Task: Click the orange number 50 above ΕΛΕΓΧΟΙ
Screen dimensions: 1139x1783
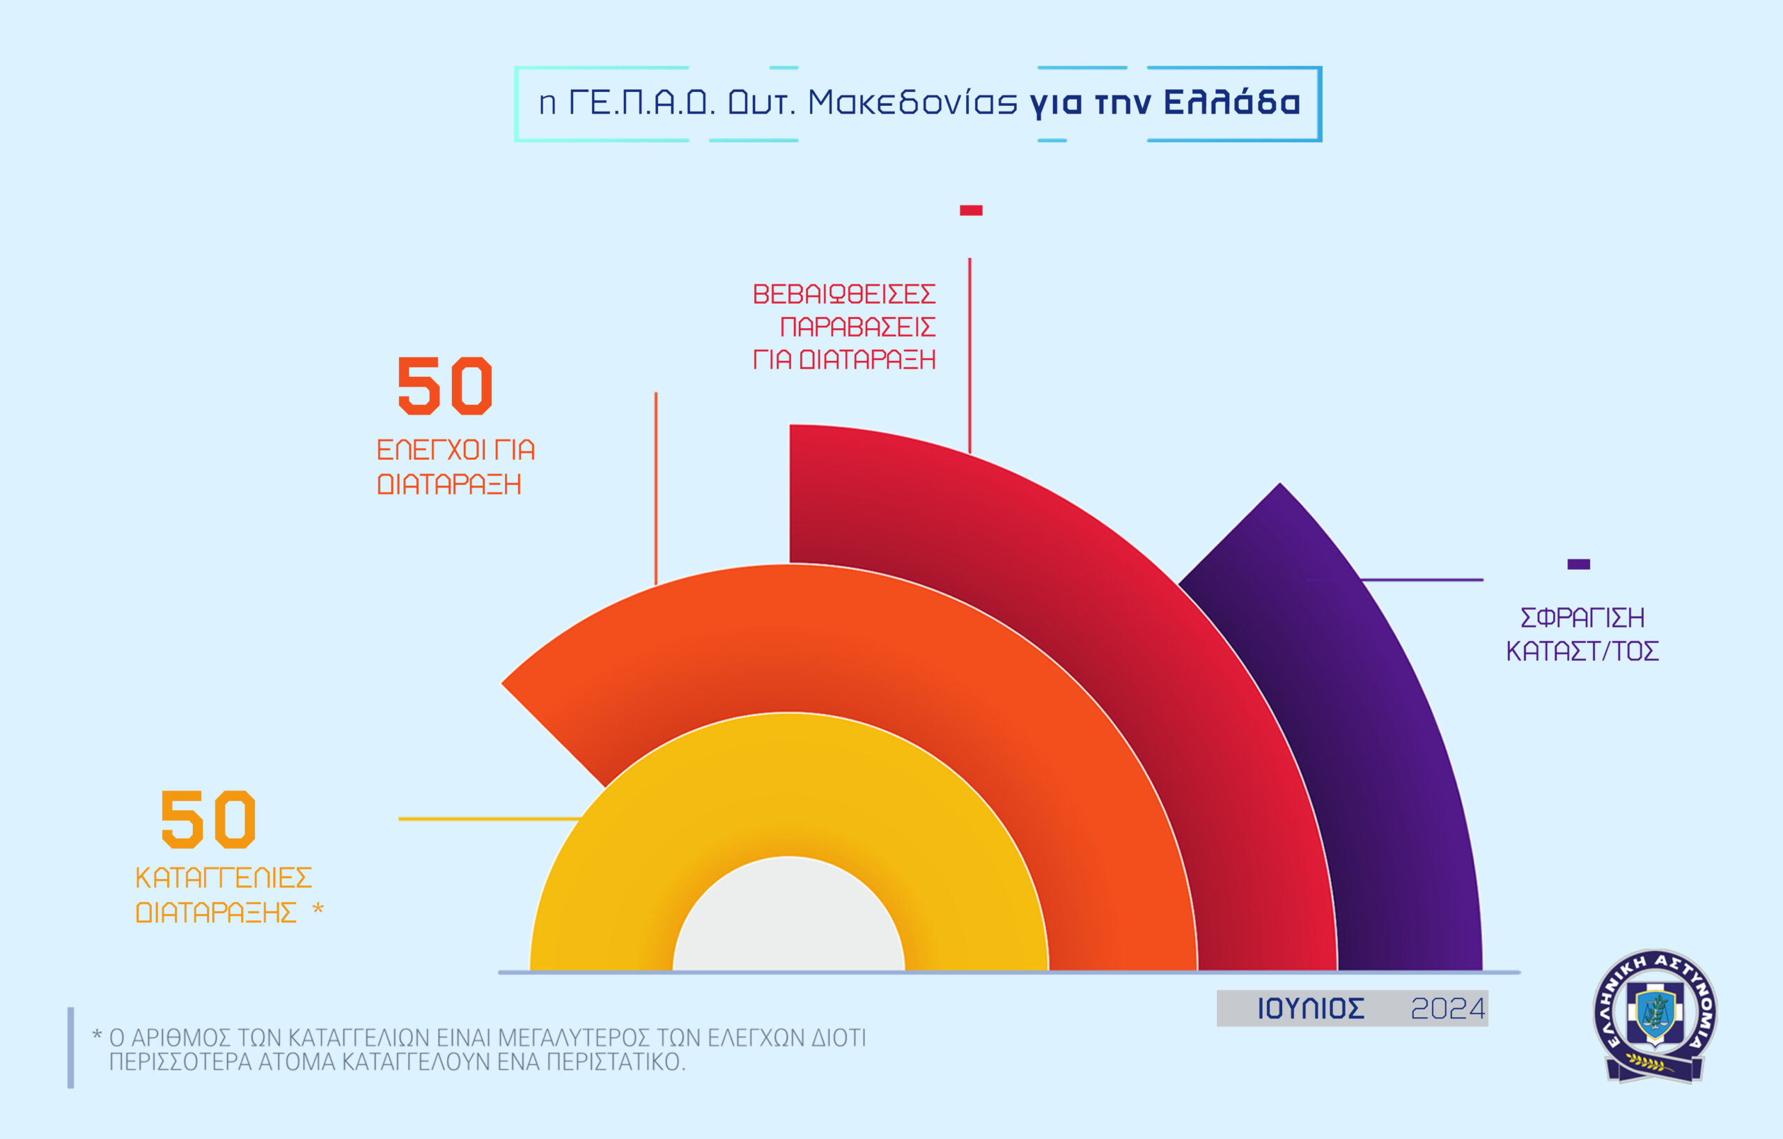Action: [444, 385]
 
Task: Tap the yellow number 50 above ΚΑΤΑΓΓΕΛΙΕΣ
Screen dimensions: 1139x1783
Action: [208, 819]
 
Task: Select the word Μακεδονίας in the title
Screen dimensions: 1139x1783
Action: [912, 102]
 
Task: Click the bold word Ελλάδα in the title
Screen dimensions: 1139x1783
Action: [1231, 102]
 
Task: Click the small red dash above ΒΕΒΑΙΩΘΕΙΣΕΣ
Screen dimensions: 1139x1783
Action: [971, 210]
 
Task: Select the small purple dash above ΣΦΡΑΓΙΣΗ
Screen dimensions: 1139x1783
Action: [1579, 564]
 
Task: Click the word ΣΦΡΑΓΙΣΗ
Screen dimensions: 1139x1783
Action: [1582, 617]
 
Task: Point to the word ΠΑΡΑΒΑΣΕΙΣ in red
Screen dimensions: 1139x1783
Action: [857, 327]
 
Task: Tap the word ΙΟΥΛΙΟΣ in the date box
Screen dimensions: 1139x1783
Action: [1310, 1009]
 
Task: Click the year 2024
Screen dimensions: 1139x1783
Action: [1447, 1009]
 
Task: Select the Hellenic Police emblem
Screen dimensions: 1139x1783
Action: [1656, 1014]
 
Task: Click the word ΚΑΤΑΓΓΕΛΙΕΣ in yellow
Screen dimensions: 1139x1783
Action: [224, 878]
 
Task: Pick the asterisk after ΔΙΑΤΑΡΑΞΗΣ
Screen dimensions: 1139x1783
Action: [318, 908]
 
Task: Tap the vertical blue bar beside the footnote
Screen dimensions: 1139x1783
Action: [71, 1048]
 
